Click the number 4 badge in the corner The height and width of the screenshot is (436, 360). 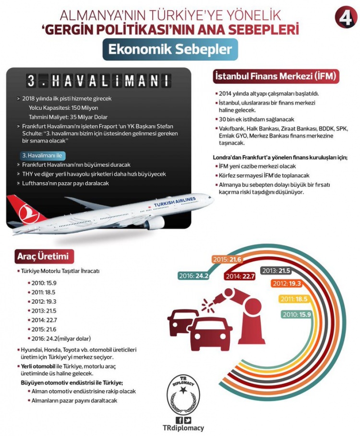click(x=345, y=18)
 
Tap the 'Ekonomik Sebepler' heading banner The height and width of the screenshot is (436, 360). click(x=170, y=50)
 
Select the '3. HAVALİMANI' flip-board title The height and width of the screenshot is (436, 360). click(x=98, y=81)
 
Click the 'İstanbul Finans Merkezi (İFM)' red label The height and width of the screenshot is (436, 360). click(x=276, y=76)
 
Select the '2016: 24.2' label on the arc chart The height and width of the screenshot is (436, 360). click(x=193, y=276)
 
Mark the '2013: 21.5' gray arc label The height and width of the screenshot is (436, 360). click(x=277, y=271)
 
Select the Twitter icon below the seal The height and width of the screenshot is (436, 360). click(x=188, y=420)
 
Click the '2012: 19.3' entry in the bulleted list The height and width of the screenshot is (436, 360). click(x=45, y=301)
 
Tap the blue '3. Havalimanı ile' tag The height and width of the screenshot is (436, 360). click(x=42, y=156)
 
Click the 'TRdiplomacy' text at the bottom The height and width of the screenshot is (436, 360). click(x=184, y=428)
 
